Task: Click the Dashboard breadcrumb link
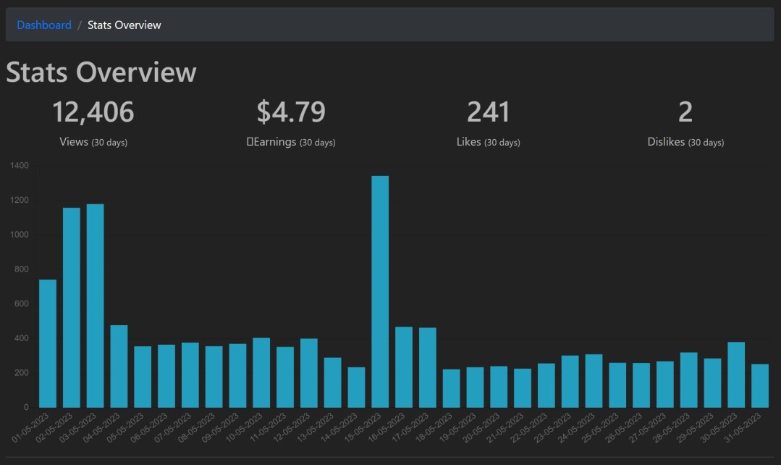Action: tap(44, 25)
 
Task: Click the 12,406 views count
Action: tap(93, 112)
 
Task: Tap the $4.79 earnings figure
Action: tap(291, 112)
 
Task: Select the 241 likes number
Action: tap(488, 112)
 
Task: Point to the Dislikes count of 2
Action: tap(685, 112)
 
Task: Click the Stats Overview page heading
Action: tap(101, 72)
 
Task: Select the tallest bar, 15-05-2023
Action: tap(380, 292)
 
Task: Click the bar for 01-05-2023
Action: tap(48, 343)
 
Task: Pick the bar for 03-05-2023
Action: tap(95, 306)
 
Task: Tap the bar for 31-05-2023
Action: tap(760, 386)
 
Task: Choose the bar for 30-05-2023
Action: tap(736, 374)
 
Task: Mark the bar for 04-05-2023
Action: tap(119, 366)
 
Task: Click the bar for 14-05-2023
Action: tap(357, 387)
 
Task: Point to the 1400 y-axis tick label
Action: tap(20, 165)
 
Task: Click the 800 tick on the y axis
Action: tap(22, 269)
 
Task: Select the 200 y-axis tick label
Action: tap(22, 373)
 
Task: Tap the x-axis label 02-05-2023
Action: tap(54, 427)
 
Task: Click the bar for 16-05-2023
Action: tap(404, 367)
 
